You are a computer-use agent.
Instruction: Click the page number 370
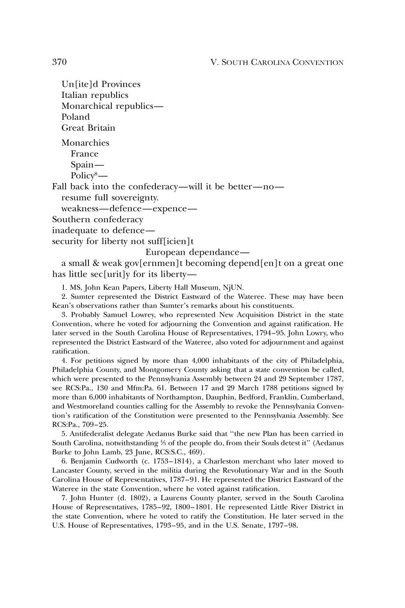(x=59, y=62)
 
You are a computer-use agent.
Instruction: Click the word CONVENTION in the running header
(x=321, y=63)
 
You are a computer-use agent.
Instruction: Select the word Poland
(x=75, y=117)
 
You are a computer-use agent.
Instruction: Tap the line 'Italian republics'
(x=95, y=95)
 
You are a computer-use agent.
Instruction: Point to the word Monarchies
(x=85, y=143)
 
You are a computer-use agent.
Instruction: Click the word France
(x=85, y=154)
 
